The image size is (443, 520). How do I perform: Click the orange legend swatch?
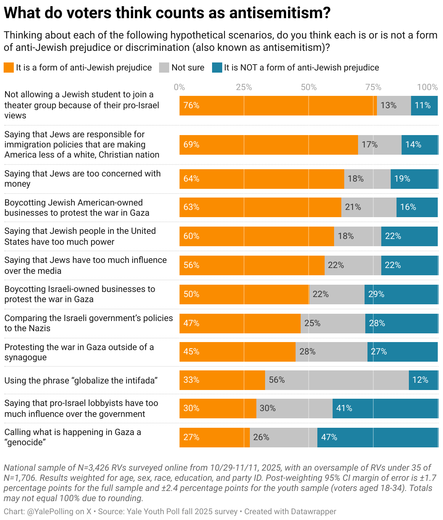[x=9, y=68]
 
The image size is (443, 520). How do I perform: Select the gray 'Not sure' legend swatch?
[x=164, y=68]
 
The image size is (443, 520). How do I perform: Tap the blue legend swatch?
[x=217, y=68]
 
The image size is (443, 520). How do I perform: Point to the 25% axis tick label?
[x=244, y=87]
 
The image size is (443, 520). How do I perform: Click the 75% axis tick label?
[x=373, y=87]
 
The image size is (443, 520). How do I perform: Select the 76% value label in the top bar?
[x=191, y=105]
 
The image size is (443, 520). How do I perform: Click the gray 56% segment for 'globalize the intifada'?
[x=337, y=380]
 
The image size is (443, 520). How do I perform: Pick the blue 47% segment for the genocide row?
[x=377, y=437]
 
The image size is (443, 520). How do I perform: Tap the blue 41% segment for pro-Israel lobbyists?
[x=385, y=408]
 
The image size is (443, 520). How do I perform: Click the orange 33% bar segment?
[x=222, y=380]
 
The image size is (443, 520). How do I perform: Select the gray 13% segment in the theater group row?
[x=394, y=105]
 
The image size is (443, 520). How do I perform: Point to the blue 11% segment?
[x=424, y=105]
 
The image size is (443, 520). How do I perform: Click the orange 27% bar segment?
[x=214, y=437]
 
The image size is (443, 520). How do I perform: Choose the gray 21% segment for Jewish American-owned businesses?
[x=369, y=207]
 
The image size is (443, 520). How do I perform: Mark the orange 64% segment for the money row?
[x=261, y=179]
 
